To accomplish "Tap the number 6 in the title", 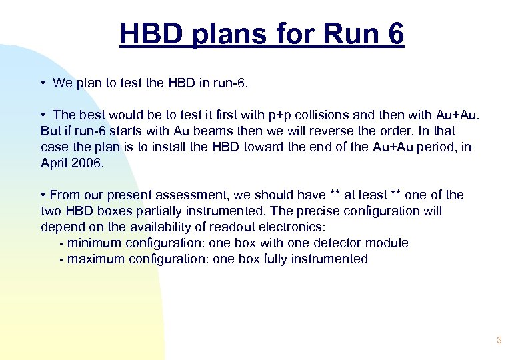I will click(x=394, y=33).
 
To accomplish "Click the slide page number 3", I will click(x=499, y=341).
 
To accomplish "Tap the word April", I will click(x=56, y=163).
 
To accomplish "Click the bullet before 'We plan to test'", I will click(x=42, y=83).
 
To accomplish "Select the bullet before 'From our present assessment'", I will click(x=43, y=195).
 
